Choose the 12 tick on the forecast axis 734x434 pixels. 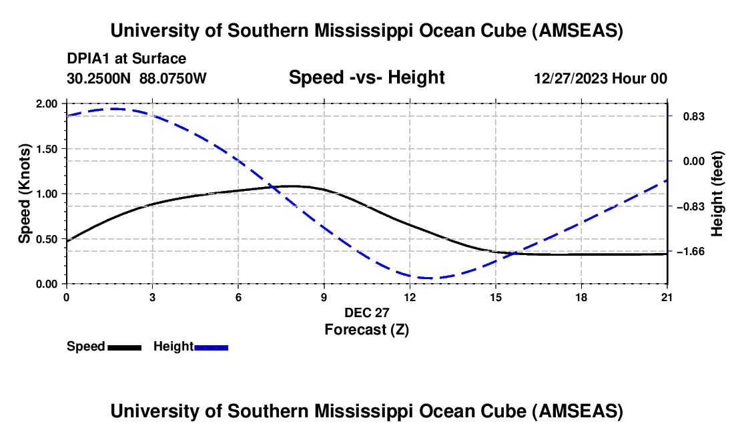click(x=409, y=297)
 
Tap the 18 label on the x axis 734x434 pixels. click(x=581, y=297)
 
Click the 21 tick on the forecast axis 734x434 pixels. click(x=667, y=297)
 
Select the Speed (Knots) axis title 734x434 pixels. click(x=24, y=194)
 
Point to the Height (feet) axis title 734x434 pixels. click(x=717, y=194)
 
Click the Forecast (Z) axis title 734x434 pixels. click(x=366, y=329)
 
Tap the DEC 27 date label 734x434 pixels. click(x=366, y=312)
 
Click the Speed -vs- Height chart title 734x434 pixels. click(x=366, y=77)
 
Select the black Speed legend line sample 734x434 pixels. click(x=124, y=347)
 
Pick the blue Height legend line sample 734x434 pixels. click(x=211, y=347)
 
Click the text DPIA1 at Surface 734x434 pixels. click(x=127, y=59)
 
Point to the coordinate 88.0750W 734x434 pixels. click(x=173, y=78)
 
